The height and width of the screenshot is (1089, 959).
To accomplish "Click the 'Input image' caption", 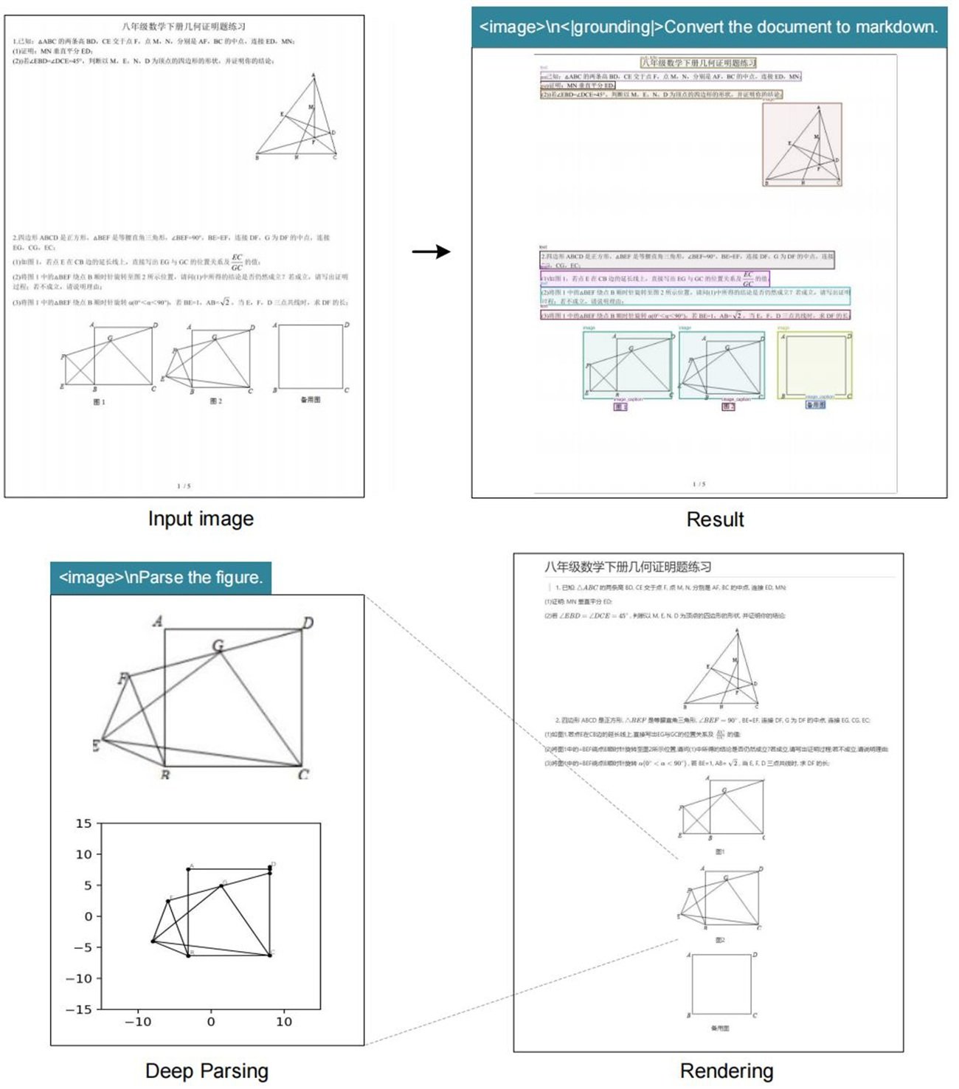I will (x=201, y=519).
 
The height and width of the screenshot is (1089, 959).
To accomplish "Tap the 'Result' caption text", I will (x=715, y=519).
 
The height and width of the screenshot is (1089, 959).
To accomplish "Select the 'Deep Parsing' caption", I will (x=207, y=1071).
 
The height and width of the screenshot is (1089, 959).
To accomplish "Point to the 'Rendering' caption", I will (x=726, y=1071).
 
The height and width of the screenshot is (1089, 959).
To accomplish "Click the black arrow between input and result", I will (x=432, y=252).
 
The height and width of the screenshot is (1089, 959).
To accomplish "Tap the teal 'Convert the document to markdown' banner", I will (x=708, y=27).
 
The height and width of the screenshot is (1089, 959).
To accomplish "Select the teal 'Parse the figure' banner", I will (x=161, y=577).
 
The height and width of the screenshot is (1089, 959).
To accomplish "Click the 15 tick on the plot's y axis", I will (x=84, y=823).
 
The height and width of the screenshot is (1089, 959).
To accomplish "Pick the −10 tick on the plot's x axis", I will (x=138, y=1022).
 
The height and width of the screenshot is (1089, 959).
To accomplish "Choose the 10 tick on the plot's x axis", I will (x=284, y=1022).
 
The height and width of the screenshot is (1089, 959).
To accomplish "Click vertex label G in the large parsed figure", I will (x=218, y=646).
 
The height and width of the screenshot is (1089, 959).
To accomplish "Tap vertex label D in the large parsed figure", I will (x=308, y=623).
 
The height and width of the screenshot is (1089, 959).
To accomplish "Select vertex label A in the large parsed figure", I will (x=158, y=621).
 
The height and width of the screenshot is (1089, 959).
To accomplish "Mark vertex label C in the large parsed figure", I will (x=303, y=775).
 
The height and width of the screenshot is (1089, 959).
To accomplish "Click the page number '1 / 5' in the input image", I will (x=184, y=485).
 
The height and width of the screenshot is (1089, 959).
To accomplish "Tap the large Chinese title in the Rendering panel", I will (x=628, y=567).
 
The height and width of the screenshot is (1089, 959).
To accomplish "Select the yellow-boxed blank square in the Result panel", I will (x=814, y=365).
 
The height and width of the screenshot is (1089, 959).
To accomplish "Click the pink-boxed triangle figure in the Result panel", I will (x=802, y=144).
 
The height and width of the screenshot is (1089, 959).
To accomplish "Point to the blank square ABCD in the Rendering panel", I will (x=721, y=984).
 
